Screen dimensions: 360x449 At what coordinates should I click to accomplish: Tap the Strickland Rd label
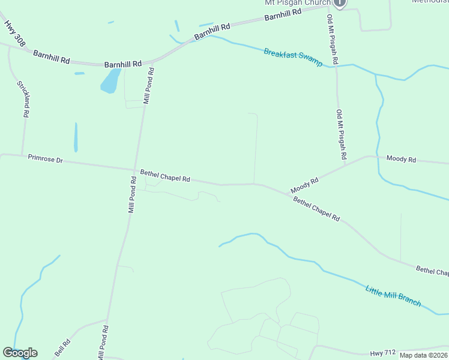coord(23,99)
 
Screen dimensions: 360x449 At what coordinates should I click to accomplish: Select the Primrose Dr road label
coord(45,159)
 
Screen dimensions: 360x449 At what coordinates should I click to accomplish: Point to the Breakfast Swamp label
coord(293,57)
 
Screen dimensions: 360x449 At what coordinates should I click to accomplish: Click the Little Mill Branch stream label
coord(393,296)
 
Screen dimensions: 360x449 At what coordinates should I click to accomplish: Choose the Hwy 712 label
coord(384,354)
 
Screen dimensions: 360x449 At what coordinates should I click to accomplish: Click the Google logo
coord(20,353)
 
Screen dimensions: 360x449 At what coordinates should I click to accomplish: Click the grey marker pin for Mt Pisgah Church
coord(340,3)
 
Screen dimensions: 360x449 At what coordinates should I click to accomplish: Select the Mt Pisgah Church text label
coord(298,3)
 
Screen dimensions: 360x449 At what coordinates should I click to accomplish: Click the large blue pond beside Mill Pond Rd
coord(110,81)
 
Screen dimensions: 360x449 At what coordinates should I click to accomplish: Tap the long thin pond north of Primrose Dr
coord(76,137)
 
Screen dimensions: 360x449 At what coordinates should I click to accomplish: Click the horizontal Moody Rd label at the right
coord(401,159)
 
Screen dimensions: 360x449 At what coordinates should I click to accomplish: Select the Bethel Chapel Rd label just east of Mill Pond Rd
coord(165,176)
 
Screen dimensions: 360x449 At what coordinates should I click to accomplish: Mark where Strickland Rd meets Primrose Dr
coord(22,155)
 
